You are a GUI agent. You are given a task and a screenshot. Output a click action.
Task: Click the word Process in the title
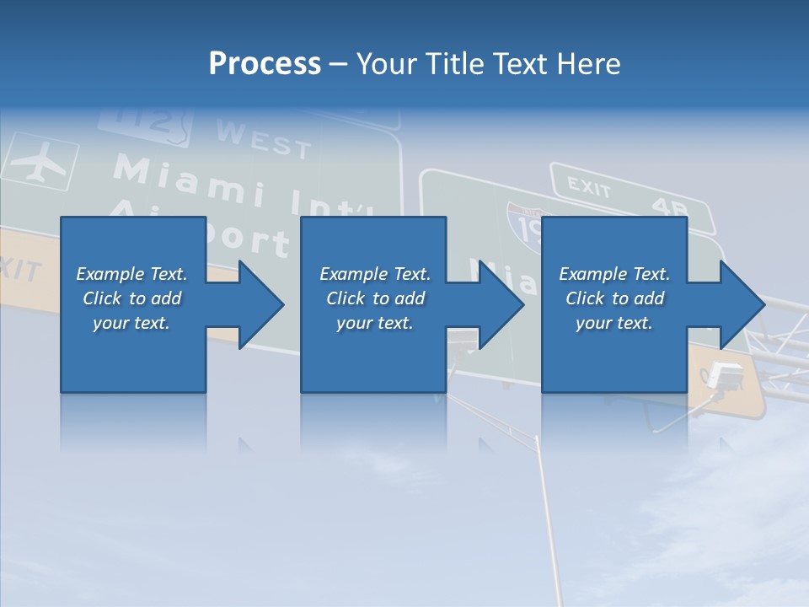[x=265, y=64]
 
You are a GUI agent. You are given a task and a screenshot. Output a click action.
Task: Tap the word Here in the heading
[x=588, y=64]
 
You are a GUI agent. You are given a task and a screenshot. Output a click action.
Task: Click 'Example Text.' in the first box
[x=131, y=274]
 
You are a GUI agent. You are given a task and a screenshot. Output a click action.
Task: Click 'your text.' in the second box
[x=375, y=323]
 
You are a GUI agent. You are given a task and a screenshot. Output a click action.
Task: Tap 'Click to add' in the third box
[x=614, y=298]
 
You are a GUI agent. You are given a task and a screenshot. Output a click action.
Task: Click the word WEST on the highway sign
[x=264, y=140]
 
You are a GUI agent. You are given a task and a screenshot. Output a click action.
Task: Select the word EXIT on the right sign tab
[x=587, y=187]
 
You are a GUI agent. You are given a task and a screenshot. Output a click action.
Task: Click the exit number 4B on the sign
[x=670, y=207]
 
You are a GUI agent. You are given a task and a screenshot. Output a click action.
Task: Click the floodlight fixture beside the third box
[x=726, y=376]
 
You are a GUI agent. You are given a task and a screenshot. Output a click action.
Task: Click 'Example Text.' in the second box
[x=375, y=274]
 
